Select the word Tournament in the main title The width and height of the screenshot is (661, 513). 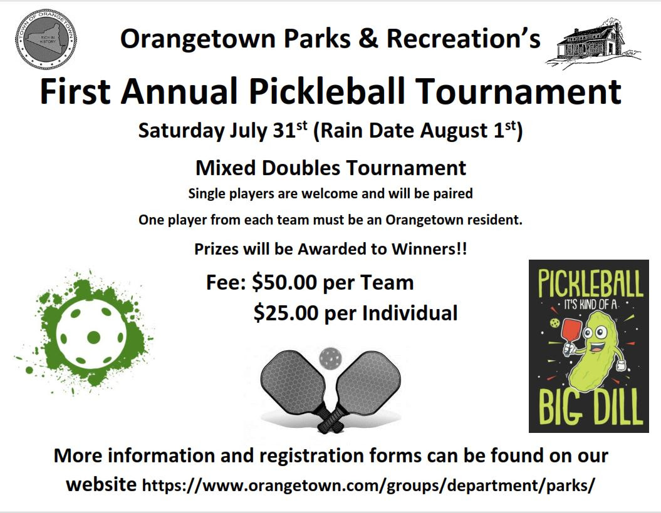pos(519,91)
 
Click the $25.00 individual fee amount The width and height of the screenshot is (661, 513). pos(286,312)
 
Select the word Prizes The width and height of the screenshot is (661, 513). pos(216,248)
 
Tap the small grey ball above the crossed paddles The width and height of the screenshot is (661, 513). pos(330,358)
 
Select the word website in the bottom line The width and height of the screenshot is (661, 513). pos(101,484)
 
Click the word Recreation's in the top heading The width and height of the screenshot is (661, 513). pos(463,39)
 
